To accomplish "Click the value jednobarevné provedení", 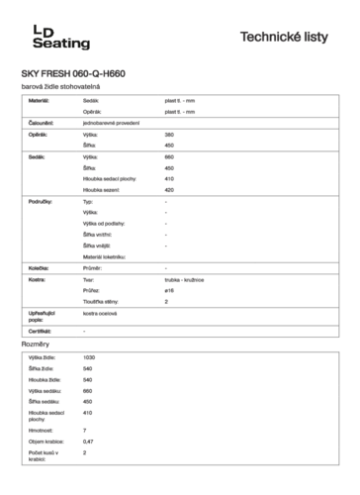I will pyautogui.click(x=110, y=122).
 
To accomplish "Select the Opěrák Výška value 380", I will pyautogui.click(x=169, y=133).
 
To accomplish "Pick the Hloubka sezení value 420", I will pyautogui.click(x=169, y=189).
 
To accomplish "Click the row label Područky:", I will pyautogui.click(x=42, y=201).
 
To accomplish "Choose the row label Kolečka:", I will pyautogui.click(x=40, y=268).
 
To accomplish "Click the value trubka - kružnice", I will pyautogui.click(x=183, y=279).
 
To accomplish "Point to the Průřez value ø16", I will pyautogui.click(x=169, y=290).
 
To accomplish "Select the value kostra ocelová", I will pyautogui.click(x=102, y=313).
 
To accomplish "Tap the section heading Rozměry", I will pyautogui.click(x=36, y=345).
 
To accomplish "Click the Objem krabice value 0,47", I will pyautogui.click(x=89, y=441).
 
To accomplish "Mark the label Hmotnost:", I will pyautogui.click(x=42, y=430).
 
